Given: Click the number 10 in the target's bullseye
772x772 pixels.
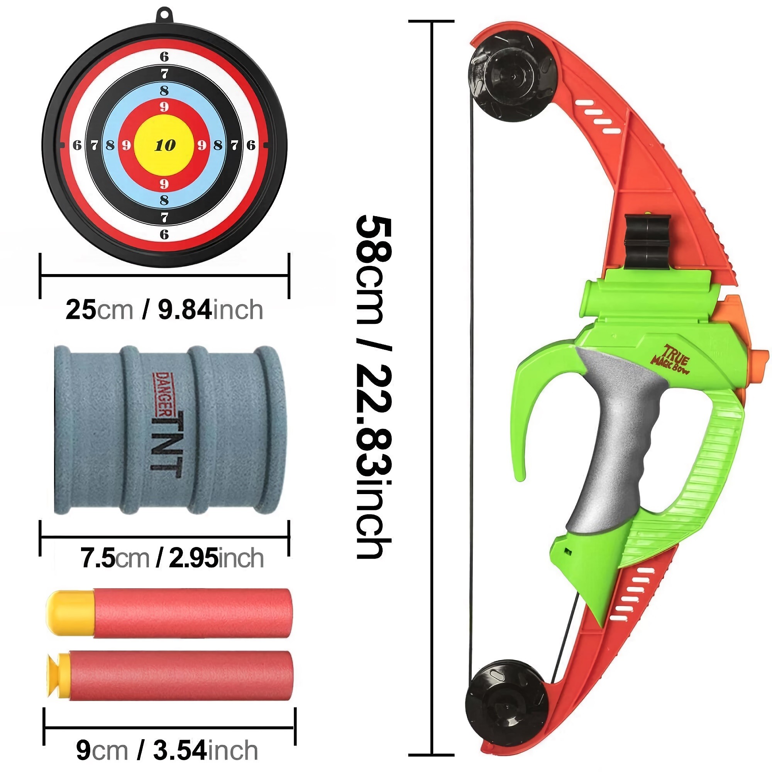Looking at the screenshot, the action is pyautogui.click(x=165, y=145).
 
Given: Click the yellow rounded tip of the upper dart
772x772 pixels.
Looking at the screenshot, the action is pyautogui.click(x=70, y=613).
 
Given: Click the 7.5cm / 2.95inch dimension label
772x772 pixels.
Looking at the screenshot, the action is pyautogui.click(x=172, y=558).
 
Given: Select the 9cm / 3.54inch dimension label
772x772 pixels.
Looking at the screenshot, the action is pyautogui.click(x=167, y=750).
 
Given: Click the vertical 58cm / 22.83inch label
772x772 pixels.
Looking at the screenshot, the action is pyautogui.click(x=373, y=386).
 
